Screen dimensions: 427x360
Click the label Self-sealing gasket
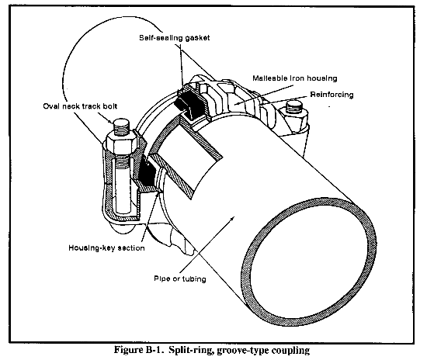(x=175, y=37)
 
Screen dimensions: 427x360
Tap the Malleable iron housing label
(x=295, y=78)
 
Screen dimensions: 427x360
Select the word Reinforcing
(x=332, y=95)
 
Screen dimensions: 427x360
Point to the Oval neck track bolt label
(x=80, y=106)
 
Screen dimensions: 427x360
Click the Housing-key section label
(x=106, y=248)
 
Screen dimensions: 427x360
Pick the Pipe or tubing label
(x=180, y=279)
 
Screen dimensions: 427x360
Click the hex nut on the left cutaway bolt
(x=121, y=140)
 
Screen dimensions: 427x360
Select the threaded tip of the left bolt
(x=122, y=126)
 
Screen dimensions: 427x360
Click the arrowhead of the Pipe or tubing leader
(x=232, y=219)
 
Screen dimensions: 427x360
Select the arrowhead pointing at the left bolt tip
(x=110, y=121)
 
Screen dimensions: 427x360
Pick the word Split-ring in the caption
(x=190, y=350)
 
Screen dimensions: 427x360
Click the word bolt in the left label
(x=110, y=106)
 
